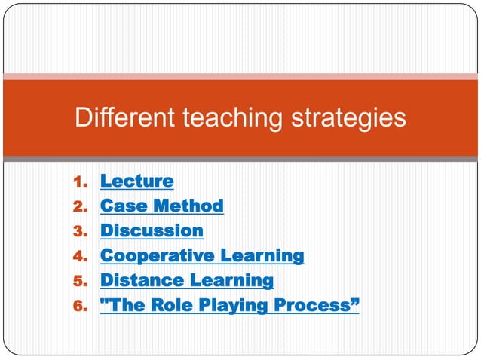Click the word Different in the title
[x=121, y=118]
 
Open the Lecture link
[x=136, y=181]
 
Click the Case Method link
[x=161, y=206]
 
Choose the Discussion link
[x=152, y=230]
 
